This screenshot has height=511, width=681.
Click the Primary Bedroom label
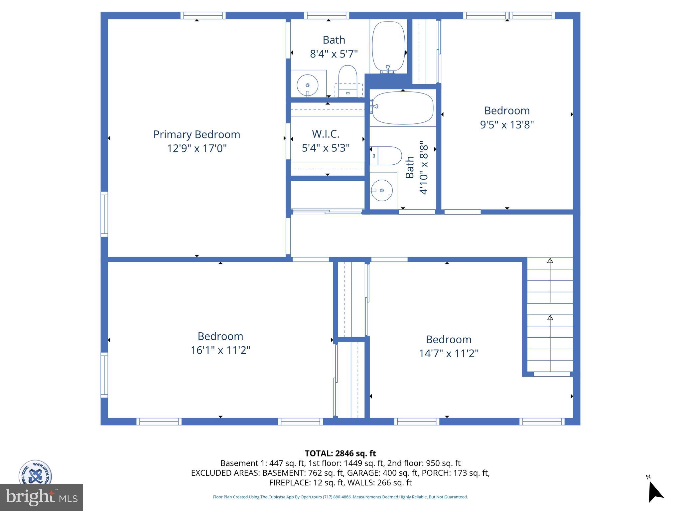[197, 134]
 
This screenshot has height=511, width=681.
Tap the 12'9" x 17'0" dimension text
[197, 148]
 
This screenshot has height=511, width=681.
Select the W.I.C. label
[326, 134]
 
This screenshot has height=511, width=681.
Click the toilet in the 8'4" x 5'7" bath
[347, 80]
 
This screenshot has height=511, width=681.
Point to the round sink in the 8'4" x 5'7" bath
[307, 85]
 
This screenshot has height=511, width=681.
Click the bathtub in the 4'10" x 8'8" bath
[402, 108]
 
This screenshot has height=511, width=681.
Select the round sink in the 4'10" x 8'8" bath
[382, 190]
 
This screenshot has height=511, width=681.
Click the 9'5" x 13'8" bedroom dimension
[507, 125]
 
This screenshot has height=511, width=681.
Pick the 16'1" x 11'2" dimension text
[220, 350]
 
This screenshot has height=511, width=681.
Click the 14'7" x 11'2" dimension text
[448, 353]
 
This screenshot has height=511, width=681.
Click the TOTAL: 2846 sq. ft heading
[340, 453]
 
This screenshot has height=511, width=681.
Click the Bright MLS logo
[42, 497]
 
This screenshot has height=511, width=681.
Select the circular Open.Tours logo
[35, 472]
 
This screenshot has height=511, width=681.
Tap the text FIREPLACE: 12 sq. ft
[306, 482]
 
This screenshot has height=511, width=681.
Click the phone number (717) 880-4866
[337, 497]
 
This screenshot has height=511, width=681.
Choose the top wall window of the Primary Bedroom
[203, 16]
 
